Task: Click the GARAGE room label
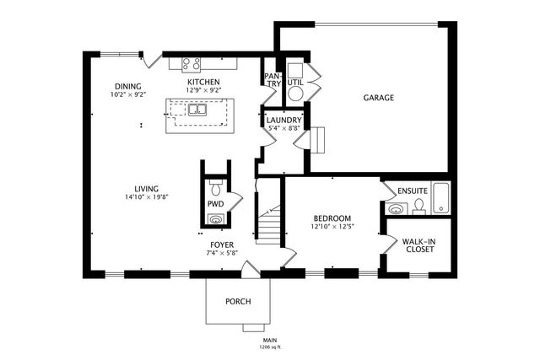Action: [x=379, y=98]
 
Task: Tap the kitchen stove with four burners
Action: [x=191, y=63]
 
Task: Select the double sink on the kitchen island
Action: [x=197, y=110]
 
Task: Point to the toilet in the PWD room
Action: [x=214, y=184]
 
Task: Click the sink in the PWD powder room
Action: [x=215, y=219]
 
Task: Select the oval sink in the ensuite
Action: [x=396, y=208]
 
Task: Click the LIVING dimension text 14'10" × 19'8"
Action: [x=147, y=197]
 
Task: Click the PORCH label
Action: [x=237, y=302]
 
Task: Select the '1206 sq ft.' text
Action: [x=270, y=347]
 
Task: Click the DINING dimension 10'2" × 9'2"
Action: [x=128, y=94]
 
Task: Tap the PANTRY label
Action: [x=272, y=78]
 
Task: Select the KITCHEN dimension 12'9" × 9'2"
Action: [x=203, y=90]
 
